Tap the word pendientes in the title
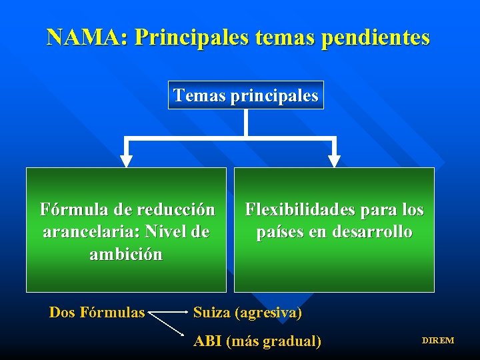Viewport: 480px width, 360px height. click(x=375, y=37)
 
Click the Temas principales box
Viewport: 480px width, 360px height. click(x=246, y=95)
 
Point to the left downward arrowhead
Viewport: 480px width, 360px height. click(x=125, y=161)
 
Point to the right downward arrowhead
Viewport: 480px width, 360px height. click(x=334, y=161)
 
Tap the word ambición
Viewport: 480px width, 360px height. click(x=126, y=254)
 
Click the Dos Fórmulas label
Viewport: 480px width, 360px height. click(x=97, y=312)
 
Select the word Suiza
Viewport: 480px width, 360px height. click(x=211, y=312)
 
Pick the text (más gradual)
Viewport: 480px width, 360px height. click(x=274, y=341)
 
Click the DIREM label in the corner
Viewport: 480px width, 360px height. click(x=437, y=341)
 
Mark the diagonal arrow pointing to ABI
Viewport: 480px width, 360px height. click(x=168, y=325)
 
